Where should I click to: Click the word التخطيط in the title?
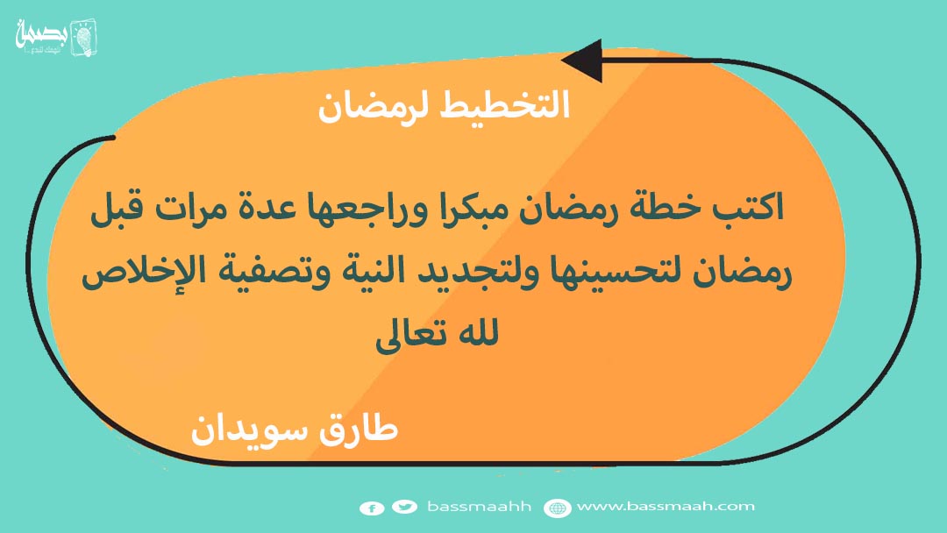tap(505, 104)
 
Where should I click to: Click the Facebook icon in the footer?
tap(372, 508)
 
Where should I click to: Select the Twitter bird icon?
tap(404, 507)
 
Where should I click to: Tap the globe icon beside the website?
tap(558, 508)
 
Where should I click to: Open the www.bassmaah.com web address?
tap(666, 507)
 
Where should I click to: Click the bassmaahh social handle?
tap(480, 507)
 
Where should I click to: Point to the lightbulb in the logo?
tap(84, 38)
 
